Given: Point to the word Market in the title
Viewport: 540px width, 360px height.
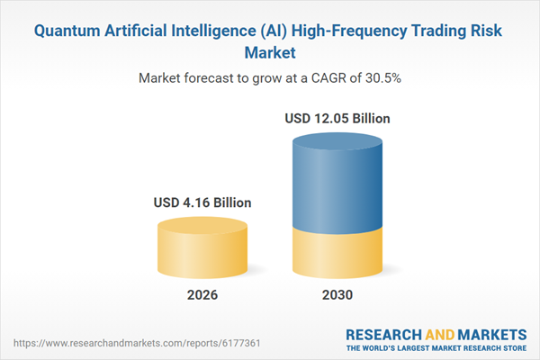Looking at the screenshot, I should click(x=270, y=52).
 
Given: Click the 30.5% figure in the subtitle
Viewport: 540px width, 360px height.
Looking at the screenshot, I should click(x=383, y=77).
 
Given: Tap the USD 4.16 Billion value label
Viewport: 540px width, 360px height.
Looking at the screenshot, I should click(x=202, y=202).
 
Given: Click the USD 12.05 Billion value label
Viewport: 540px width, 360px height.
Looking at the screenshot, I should click(x=337, y=118).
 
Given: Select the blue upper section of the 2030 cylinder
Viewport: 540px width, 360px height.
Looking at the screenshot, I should click(x=337, y=184).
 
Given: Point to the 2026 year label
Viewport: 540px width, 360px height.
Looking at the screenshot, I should click(x=202, y=295).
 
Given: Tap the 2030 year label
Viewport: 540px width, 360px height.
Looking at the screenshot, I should click(x=337, y=295).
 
